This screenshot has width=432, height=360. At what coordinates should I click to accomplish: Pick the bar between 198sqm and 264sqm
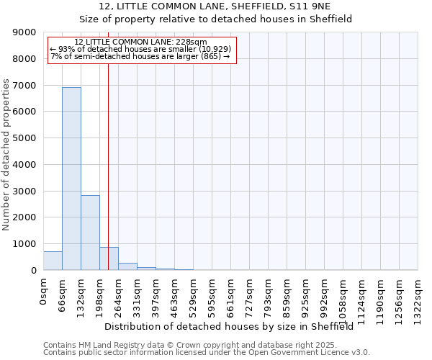coord(109,258)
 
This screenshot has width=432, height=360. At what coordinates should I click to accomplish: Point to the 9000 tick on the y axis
coord(25,32)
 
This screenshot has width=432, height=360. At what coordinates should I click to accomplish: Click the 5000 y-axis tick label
coord(25,138)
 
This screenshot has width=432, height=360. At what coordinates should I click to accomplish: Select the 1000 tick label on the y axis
coord(25,244)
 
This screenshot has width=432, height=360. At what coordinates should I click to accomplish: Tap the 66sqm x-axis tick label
coord(63,292)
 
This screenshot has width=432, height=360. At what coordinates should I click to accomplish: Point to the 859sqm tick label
coord(287,294)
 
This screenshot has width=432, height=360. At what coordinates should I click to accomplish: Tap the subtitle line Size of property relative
coord(215,19)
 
